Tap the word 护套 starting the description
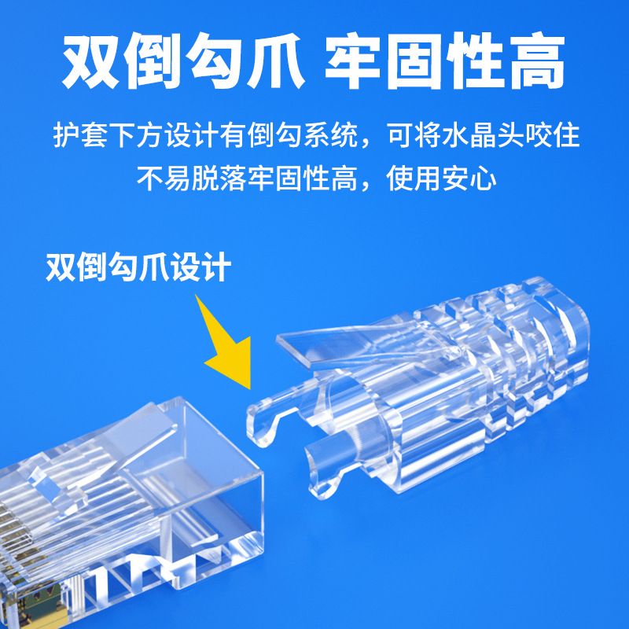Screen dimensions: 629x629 click(x=81, y=134)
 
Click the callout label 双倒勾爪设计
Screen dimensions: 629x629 click(x=138, y=267)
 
